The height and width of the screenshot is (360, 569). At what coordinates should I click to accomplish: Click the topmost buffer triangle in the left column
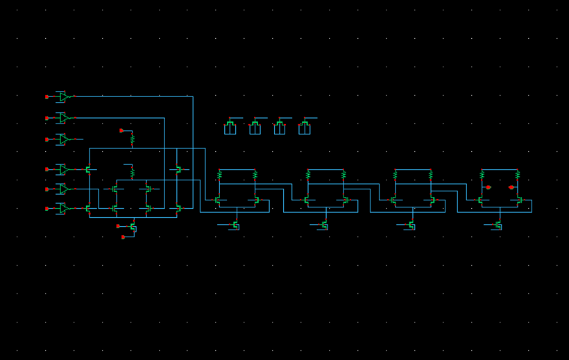click(63, 96)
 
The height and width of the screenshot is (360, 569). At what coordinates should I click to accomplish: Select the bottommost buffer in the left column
click(63, 208)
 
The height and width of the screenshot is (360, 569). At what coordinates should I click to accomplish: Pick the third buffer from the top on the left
click(63, 139)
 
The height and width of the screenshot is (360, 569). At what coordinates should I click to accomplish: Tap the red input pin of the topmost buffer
click(47, 96)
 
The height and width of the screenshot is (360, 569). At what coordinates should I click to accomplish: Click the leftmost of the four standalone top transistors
click(230, 128)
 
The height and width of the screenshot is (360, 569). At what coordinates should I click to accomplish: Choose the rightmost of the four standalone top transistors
click(304, 128)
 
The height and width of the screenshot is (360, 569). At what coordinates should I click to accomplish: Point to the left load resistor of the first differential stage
click(219, 175)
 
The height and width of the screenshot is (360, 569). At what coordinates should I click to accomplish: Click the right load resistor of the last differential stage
click(517, 175)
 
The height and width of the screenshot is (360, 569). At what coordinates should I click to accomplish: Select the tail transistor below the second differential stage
click(324, 225)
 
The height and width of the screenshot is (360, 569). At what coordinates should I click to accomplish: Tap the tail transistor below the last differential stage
click(498, 225)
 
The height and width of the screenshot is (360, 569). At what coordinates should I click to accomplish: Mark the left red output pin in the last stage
click(489, 187)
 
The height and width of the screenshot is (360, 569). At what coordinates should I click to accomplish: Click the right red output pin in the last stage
click(511, 187)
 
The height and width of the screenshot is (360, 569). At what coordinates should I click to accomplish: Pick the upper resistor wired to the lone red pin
click(132, 140)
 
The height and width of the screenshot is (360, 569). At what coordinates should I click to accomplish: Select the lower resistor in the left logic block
click(132, 173)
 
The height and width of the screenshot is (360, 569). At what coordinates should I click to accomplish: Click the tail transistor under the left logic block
click(133, 226)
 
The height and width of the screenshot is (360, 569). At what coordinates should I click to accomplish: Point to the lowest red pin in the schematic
click(123, 237)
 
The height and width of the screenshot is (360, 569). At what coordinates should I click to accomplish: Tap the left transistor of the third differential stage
click(393, 200)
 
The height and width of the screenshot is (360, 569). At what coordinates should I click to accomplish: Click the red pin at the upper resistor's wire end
click(121, 130)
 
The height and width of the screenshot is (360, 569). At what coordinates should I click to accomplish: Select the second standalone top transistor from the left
click(255, 128)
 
